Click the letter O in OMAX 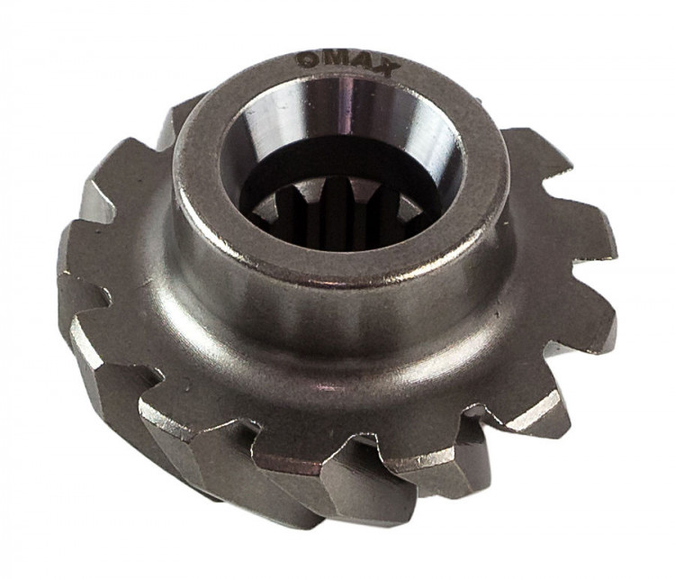click(x=307, y=60)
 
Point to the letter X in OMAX click(x=386, y=68)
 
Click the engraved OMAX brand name click(x=347, y=64)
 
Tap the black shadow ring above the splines click(x=336, y=164)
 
